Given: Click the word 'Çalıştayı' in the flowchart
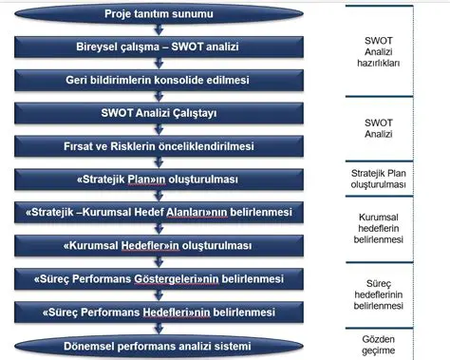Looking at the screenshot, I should (218, 115).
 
